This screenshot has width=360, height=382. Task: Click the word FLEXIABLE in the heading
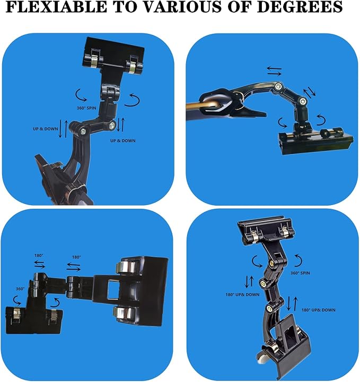56,6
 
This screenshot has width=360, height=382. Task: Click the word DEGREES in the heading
300,6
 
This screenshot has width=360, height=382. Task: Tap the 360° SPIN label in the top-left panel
86,108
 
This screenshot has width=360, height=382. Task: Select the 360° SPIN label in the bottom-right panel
300,273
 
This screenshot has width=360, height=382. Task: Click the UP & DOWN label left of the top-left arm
46,129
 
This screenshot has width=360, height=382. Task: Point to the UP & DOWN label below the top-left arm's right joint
123,140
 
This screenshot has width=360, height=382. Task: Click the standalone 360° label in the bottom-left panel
20,289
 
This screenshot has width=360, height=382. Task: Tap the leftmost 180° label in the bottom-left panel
39,255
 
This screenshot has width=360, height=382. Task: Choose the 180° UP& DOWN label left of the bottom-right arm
242,295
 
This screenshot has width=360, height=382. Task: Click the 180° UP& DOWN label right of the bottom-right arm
319,310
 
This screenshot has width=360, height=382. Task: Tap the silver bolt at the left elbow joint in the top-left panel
83,131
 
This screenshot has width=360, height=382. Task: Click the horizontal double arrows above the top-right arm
275,71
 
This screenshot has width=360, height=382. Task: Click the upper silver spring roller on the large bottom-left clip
126,268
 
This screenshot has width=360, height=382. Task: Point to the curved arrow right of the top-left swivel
132,100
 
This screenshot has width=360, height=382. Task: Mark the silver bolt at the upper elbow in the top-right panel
278,86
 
